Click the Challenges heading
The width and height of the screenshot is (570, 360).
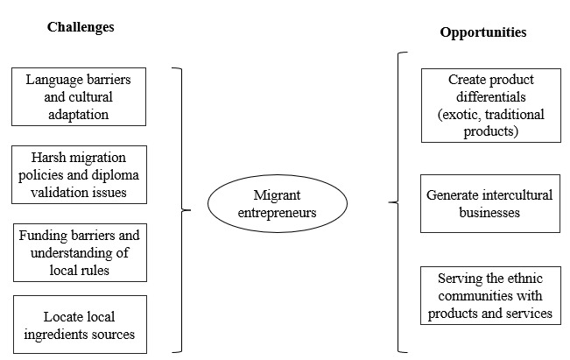[81, 27]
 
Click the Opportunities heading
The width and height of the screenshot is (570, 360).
[482, 32]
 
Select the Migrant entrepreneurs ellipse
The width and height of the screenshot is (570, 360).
[277, 203]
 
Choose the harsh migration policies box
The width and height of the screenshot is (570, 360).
[80, 173]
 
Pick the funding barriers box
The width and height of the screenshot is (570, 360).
[80, 251]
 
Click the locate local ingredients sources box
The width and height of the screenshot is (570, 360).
[80, 324]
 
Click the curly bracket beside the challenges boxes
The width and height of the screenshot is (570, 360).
[183, 210]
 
